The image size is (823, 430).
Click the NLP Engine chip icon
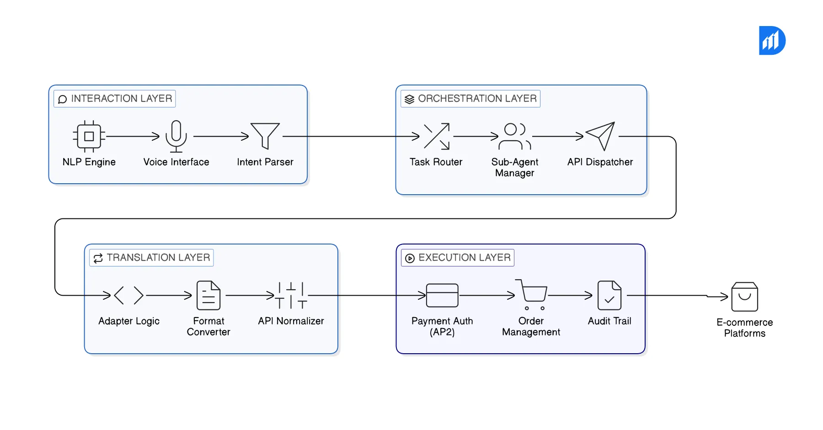pos(89,136)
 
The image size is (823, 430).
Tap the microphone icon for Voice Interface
pos(176,136)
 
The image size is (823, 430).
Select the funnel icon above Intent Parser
pos(265,136)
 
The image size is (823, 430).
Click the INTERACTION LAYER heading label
pos(115,99)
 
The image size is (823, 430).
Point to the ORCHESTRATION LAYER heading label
pos(470,99)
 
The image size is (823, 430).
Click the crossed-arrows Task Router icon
pos(437,136)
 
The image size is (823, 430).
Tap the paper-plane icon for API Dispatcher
pos(600,136)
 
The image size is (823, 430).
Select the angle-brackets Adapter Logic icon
pos(129,295)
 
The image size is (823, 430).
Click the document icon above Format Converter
pos(208,295)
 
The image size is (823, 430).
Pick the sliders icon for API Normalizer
pos(291,295)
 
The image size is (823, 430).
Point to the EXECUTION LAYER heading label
pos(458,258)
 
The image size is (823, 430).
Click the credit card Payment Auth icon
pos(442,295)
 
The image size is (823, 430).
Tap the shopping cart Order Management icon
pos(532,295)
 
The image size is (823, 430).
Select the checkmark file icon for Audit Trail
pos(609,295)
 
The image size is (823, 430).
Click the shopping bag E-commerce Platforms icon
pos(744,297)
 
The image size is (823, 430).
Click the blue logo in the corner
pos(772,41)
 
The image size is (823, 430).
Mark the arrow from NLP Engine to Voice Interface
pos(133,136)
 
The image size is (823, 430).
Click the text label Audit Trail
pos(609,321)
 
